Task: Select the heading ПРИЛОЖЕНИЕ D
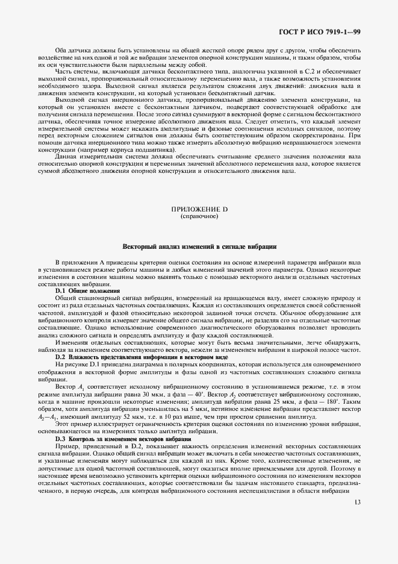click(199, 208)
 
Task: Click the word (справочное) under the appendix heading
click(199, 215)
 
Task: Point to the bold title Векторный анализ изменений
click(199, 247)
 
